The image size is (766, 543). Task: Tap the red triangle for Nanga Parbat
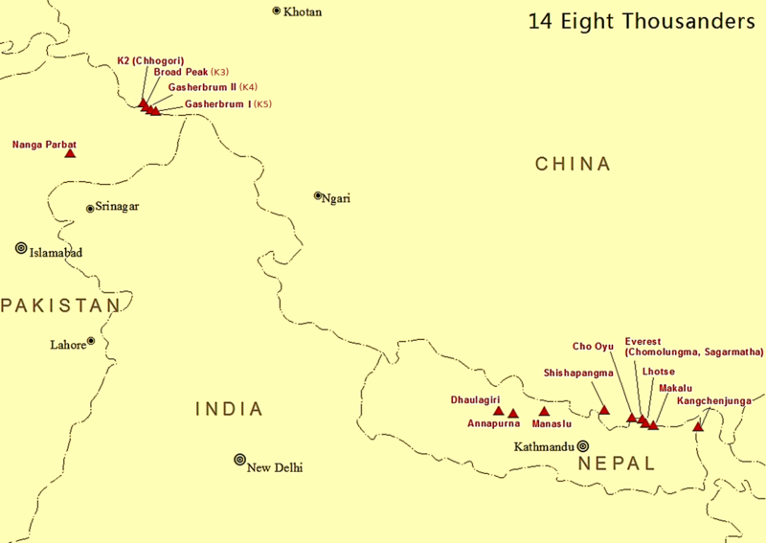tap(70, 153)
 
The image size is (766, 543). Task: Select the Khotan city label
tap(303, 11)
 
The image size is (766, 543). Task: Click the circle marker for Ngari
tap(318, 195)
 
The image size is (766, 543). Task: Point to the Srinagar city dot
tap(90, 208)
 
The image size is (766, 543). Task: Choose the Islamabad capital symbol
tap(21, 248)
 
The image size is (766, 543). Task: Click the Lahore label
tap(67, 344)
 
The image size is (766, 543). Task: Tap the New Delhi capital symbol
tap(239, 460)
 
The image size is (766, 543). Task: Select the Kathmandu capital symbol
tap(582, 445)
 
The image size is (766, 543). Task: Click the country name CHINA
tap(573, 165)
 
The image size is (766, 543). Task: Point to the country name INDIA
tap(229, 410)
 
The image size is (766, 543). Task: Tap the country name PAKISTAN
tap(59, 305)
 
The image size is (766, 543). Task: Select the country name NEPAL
tap(617, 464)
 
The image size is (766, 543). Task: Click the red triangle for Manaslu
tap(544, 412)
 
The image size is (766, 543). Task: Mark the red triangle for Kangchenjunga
tap(698, 426)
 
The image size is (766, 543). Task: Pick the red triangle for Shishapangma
tap(604, 411)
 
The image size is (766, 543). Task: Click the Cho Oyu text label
tap(593, 346)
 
